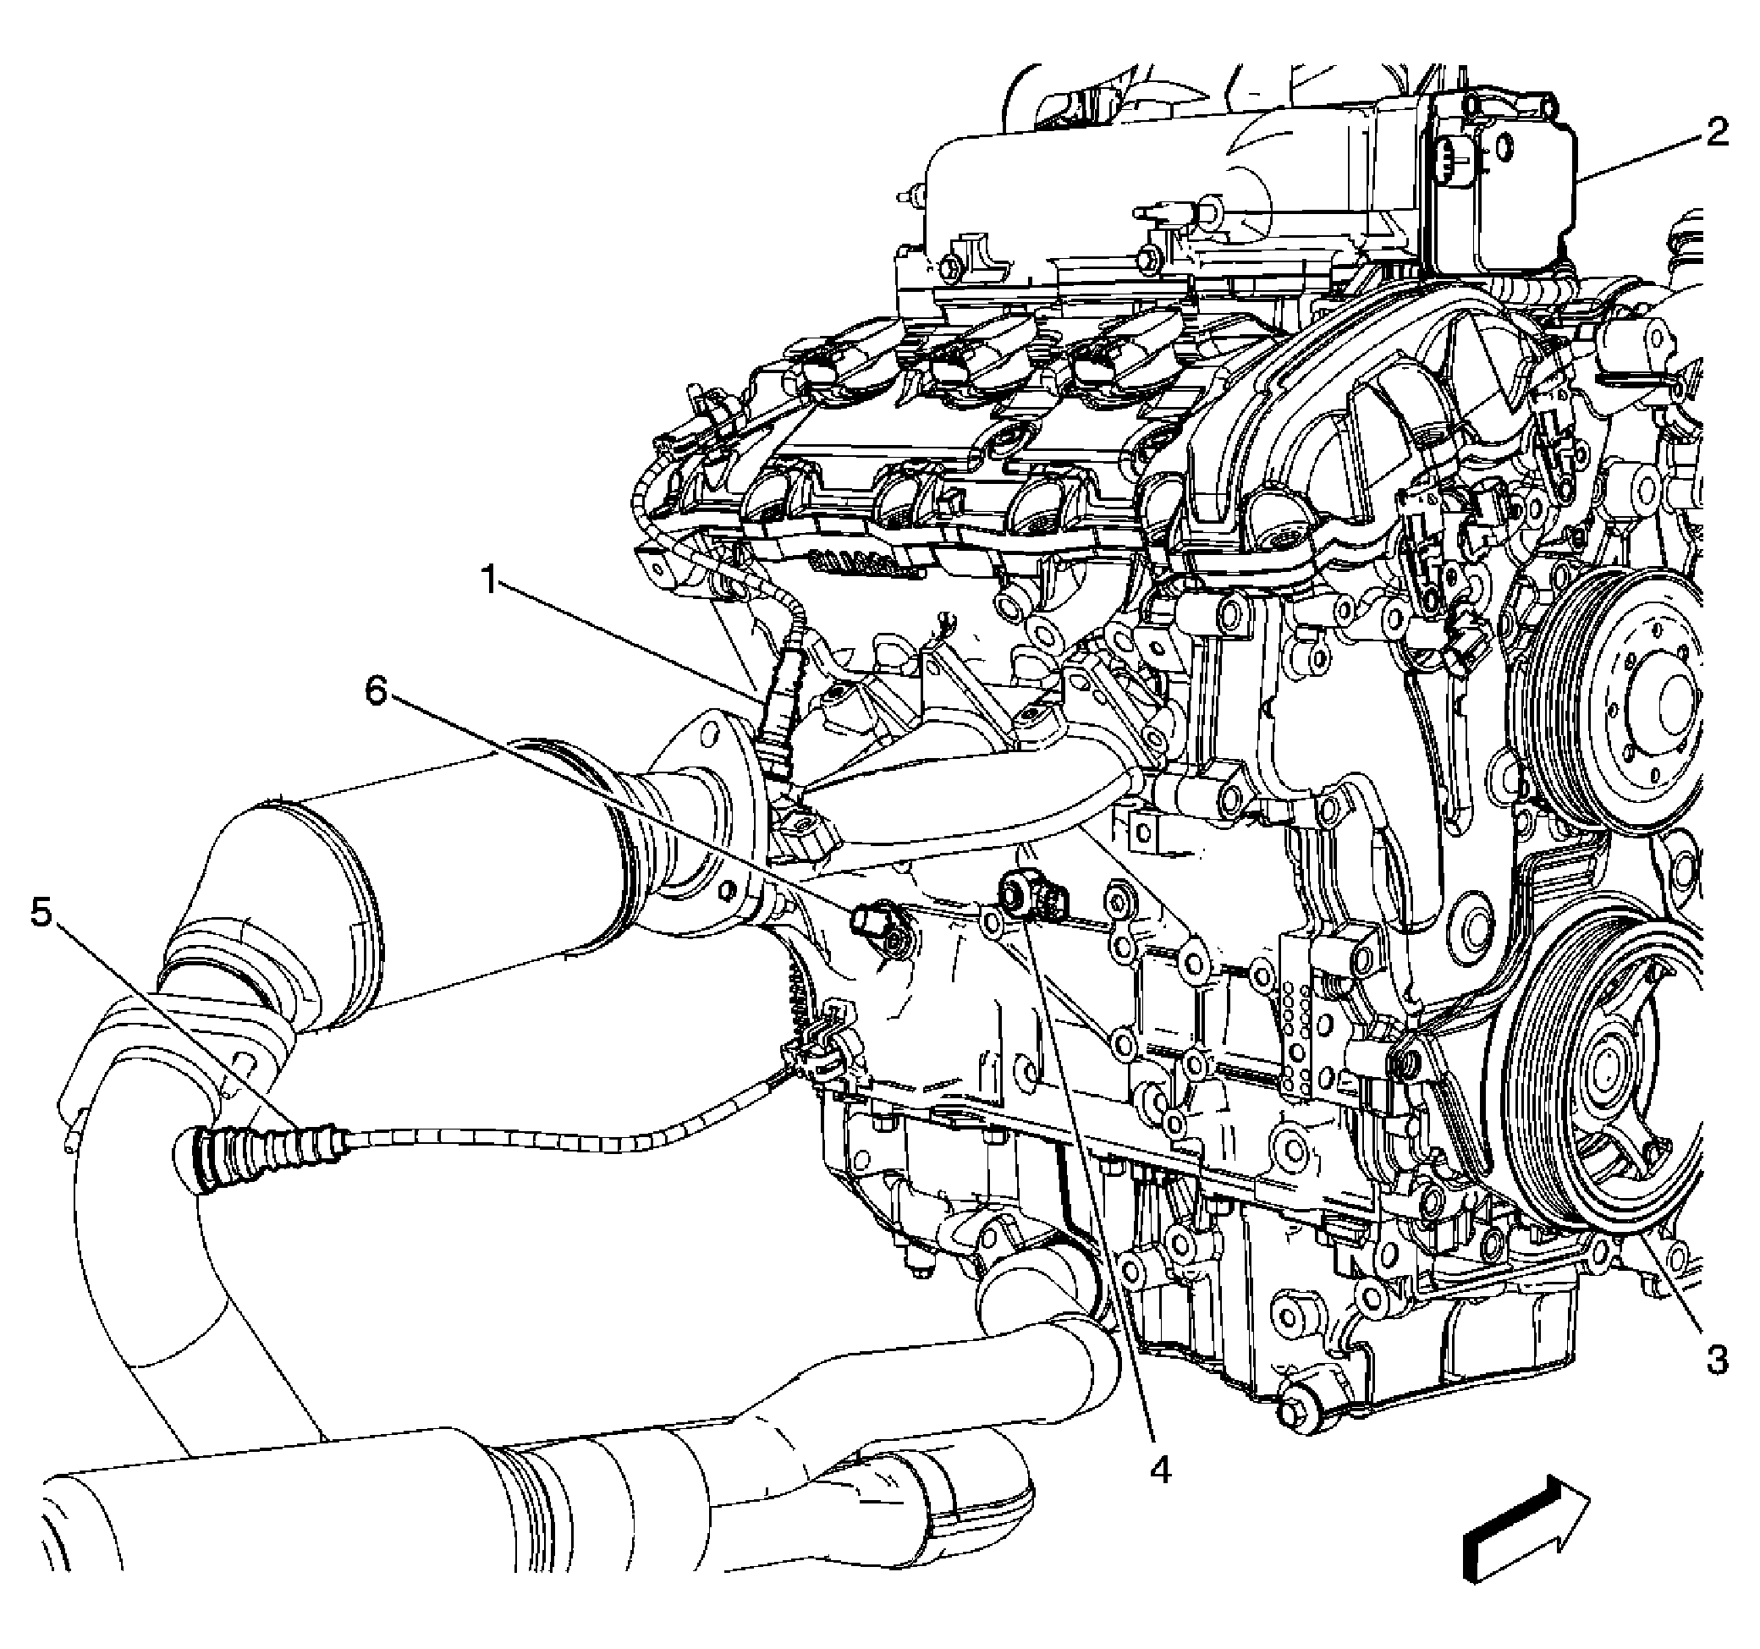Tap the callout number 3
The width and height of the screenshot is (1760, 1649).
click(x=1717, y=1360)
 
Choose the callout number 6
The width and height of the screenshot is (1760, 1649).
click(x=377, y=692)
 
